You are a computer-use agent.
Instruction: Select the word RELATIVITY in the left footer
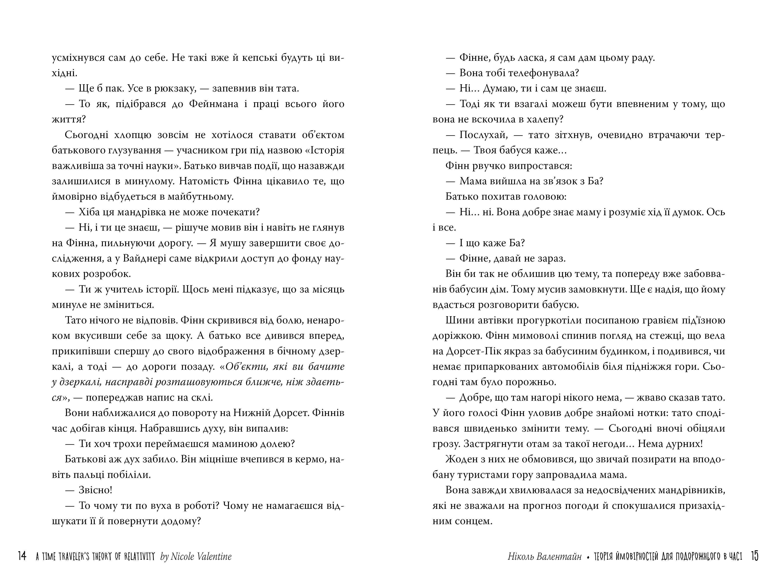pos(139,556)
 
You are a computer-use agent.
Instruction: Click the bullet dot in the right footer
pos(588,557)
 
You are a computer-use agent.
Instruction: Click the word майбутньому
pos(200,197)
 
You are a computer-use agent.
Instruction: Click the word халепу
pos(545,120)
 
